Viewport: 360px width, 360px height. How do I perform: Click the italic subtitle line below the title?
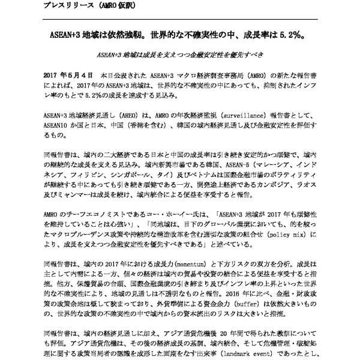(x=179, y=55)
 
